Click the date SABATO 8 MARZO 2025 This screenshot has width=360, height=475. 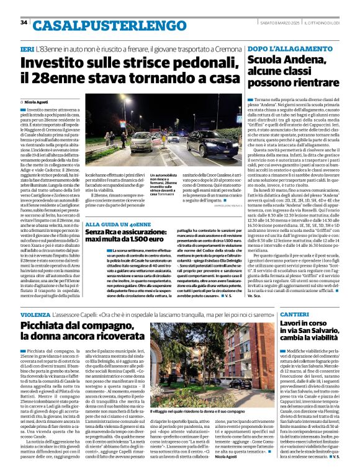click(x=277, y=22)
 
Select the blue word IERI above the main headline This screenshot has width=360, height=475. click(x=27, y=48)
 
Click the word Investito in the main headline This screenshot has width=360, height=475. click(x=55, y=63)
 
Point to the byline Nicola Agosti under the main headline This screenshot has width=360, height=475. click(x=39, y=100)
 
